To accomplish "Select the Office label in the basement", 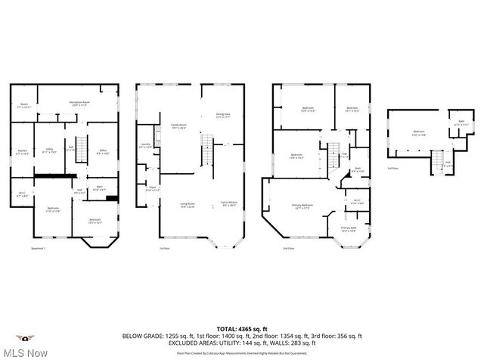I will coord(103,151).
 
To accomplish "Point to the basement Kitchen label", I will coord(23,152).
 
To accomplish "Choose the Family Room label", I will coord(178,126).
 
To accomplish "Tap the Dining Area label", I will coord(224,116).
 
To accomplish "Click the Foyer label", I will coord(152,188).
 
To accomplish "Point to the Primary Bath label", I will coord(348,228).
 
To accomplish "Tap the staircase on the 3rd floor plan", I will coord(437,161).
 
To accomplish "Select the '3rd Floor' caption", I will coord(392,169).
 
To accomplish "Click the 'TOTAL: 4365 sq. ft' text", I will coord(241,329).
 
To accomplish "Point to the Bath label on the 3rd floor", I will coord(461,123).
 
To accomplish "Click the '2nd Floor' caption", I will coord(288,248).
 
